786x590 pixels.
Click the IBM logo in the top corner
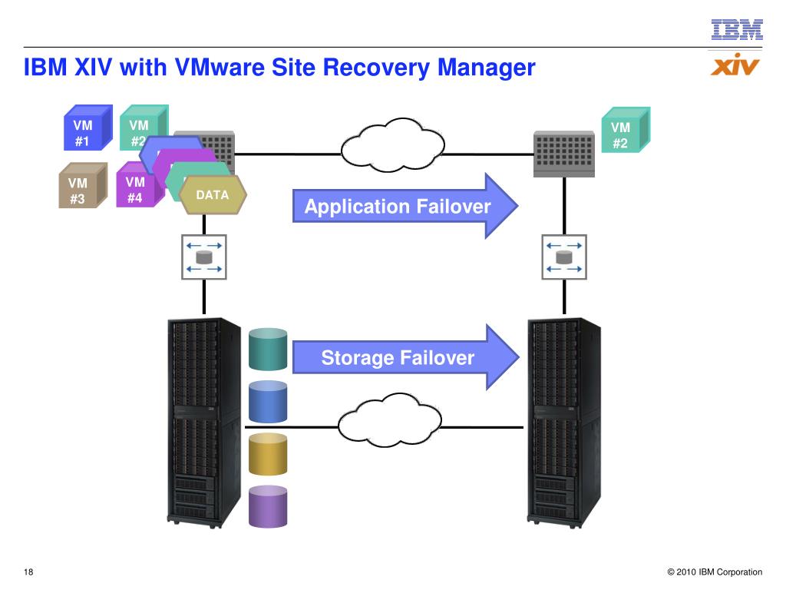(737, 29)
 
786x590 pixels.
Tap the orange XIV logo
(735, 65)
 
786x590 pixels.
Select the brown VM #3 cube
(81, 187)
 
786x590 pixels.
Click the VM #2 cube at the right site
(624, 131)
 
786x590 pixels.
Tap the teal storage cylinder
(268, 350)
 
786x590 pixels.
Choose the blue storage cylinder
(268, 402)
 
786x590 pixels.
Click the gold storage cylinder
(268, 455)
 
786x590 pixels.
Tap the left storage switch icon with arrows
(204, 257)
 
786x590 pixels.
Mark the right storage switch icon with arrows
(564, 257)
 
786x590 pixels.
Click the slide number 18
(30, 572)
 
